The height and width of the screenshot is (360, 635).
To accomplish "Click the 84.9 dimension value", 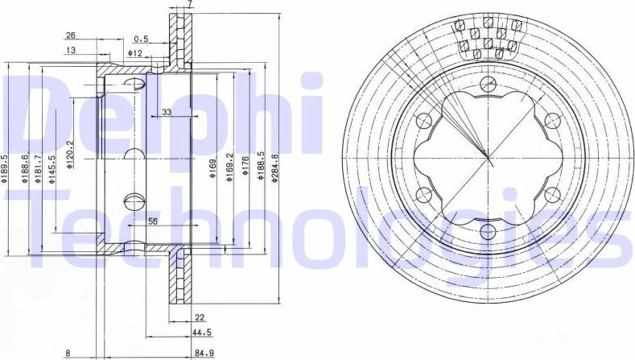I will (x=204, y=352).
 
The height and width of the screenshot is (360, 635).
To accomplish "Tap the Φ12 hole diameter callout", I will (x=134, y=53).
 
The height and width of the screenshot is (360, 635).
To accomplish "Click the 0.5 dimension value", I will (x=142, y=38).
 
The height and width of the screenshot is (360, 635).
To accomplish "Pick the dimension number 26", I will (x=70, y=35).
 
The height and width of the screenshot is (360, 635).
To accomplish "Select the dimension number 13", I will (x=70, y=50).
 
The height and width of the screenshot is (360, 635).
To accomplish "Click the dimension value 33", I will (x=167, y=112).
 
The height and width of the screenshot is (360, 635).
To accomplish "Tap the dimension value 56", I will (x=152, y=221).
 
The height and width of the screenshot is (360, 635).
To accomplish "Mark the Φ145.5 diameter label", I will (x=52, y=172).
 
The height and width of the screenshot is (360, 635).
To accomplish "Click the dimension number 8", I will (x=69, y=352).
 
